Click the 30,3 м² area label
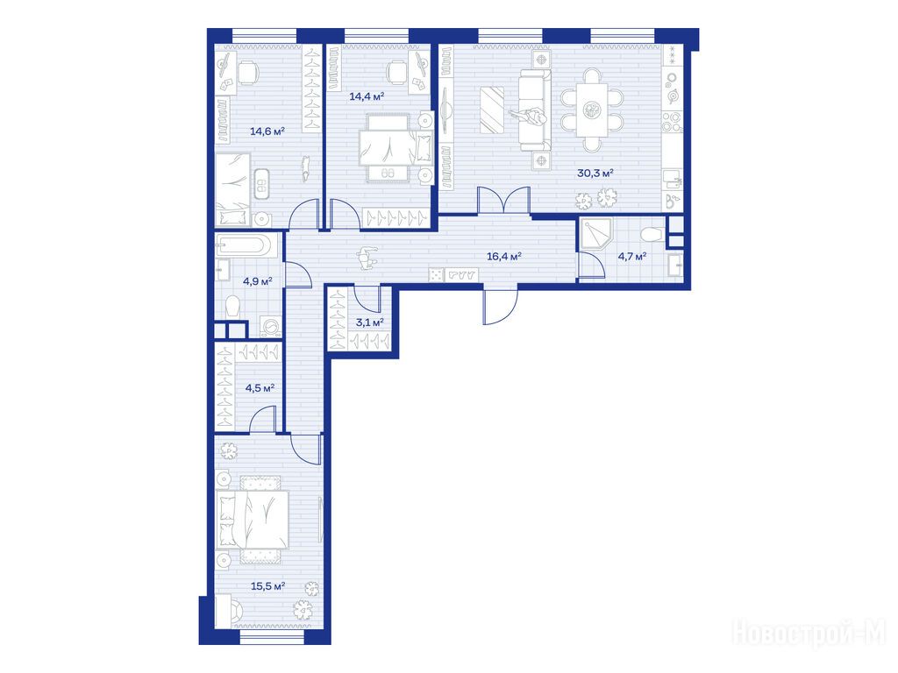click(595, 173)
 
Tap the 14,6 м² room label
click(267, 131)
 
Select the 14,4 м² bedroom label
click(367, 96)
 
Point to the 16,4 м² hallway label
click(504, 257)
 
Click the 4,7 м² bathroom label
click(631, 257)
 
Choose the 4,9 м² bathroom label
click(257, 281)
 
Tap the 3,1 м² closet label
click(369, 322)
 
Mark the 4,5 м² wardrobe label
click(260, 388)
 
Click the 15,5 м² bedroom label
click(268, 586)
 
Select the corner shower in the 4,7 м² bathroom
click(595, 234)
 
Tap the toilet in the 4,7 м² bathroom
click(652, 234)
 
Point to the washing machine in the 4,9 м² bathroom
click(270, 326)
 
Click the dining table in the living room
click(592, 110)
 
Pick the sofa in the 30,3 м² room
click(535, 110)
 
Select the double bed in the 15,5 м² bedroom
click(253, 519)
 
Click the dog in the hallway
click(367, 258)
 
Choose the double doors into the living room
click(504, 201)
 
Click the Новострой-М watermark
click(809, 633)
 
